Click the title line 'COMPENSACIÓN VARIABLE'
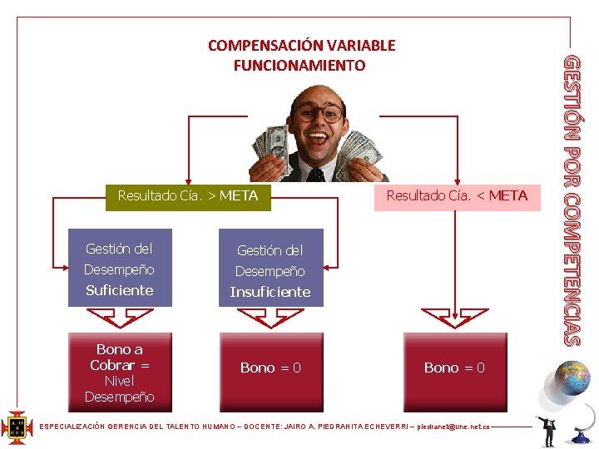[x=301, y=46]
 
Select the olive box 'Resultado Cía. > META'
[x=188, y=196]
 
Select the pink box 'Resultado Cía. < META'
[x=457, y=196]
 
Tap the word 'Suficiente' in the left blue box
[x=120, y=290]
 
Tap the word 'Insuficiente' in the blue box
[x=270, y=292]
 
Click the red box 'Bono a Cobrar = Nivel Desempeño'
[x=120, y=373]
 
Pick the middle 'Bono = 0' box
[x=270, y=368]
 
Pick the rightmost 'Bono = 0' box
[x=454, y=368]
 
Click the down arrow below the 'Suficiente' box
[x=120, y=318]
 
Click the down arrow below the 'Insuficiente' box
[x=270, y=318]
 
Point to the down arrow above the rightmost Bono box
[x=454, y=318]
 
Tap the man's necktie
[x=316, y=175]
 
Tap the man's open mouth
[x=317, y=137]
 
